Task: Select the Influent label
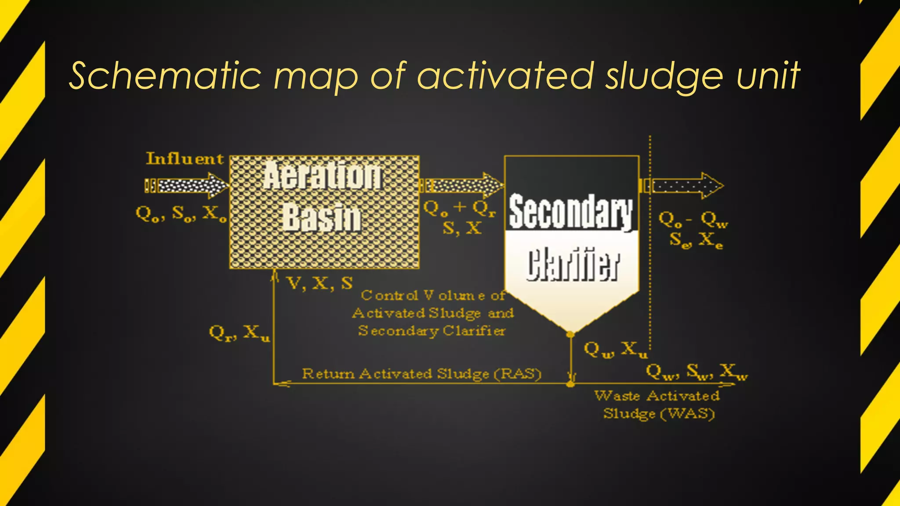pos(185,159)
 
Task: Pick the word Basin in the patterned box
pos(322,218)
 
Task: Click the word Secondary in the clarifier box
pos(571,213)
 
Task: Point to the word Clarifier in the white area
pos(573,265)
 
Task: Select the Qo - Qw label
pos(693,219)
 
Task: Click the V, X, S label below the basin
pos(319,284)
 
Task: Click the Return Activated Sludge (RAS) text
pos(421,374)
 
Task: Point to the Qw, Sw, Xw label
pos(697,372)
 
